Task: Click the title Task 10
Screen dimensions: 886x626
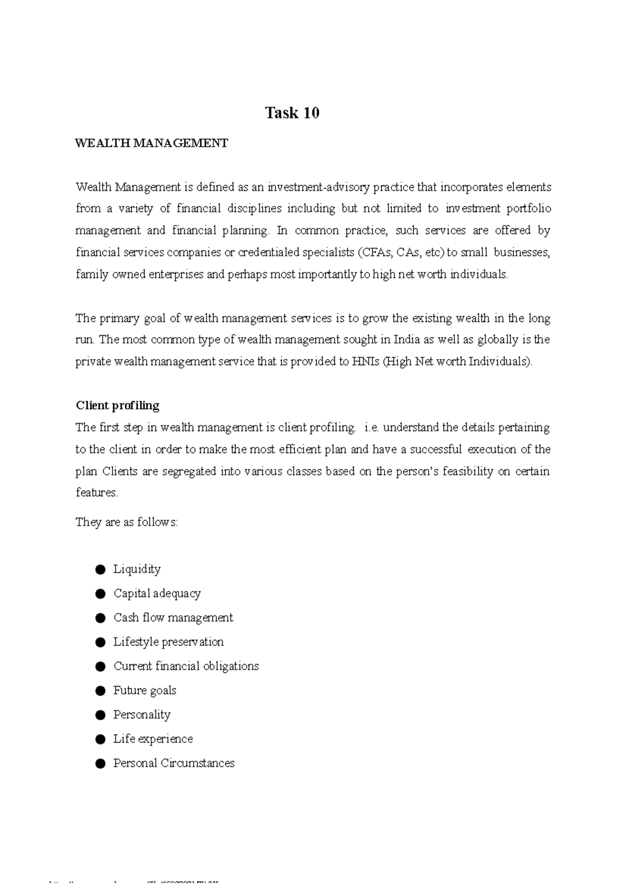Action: click(x=292, y=113)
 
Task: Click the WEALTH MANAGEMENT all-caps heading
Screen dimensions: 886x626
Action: click(x=152, y=143)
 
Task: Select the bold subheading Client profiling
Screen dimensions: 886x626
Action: click(x=117, y=405)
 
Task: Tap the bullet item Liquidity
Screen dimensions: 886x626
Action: click(x=137, y=569)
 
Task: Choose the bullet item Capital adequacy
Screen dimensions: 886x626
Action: click(x=157, y=593)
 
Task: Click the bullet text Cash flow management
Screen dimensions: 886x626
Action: click(x=173, y=617)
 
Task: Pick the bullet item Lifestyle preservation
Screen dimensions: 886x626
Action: click(x=168, y=642)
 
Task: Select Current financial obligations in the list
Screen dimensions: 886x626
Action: click(x=186, y=666)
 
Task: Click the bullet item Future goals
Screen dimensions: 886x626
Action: click(x=145, y=690)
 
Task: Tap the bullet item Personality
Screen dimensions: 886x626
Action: click(x=142, y=714)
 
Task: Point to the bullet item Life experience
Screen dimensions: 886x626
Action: click(x=153, y=739)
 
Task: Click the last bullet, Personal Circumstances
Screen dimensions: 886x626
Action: click(x=174, y=763)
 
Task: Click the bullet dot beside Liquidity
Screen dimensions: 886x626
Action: click(x=101, y=569)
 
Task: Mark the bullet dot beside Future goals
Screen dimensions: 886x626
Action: click(x=101, y=691)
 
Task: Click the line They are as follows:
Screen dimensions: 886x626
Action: click(x=127, y=522)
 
